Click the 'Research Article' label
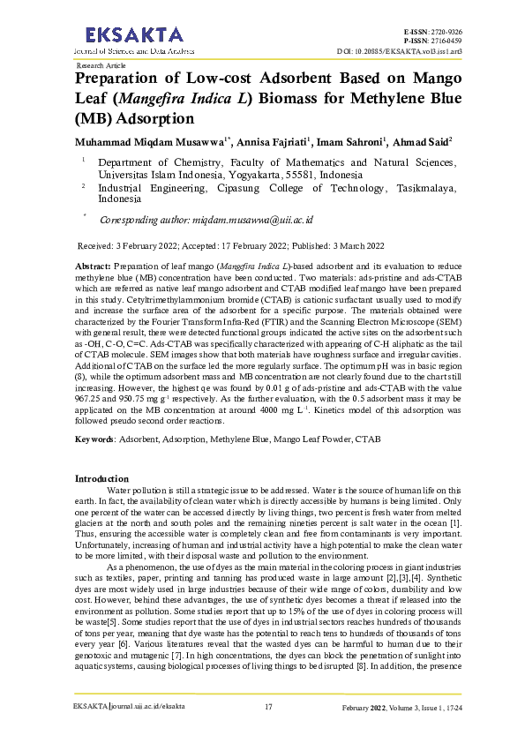(x=101, y=65)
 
